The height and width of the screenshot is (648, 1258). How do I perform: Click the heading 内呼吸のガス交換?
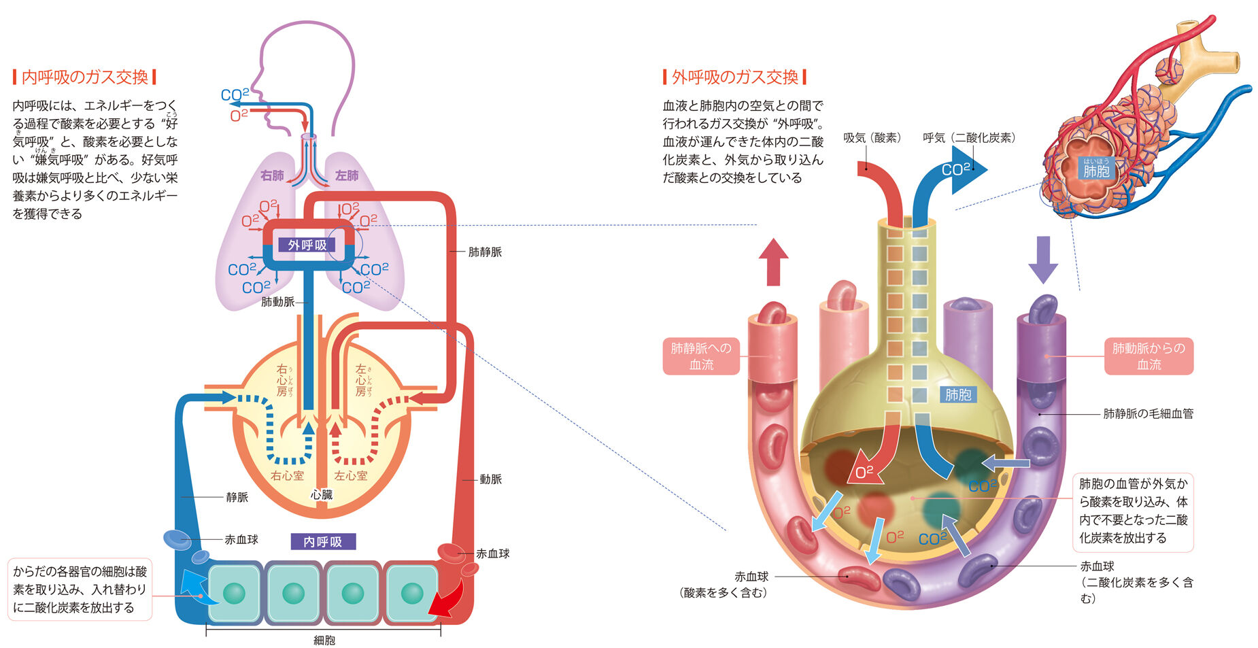84,77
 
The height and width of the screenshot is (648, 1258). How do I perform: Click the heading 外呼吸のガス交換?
734,77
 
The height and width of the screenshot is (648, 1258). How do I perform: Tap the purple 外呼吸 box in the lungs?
307,245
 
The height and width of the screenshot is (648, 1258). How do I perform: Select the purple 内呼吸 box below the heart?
323,541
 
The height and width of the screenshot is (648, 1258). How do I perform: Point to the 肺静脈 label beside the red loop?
485,252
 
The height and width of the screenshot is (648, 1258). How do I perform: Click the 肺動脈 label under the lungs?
277,301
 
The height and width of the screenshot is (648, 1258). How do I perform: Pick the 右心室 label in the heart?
287,475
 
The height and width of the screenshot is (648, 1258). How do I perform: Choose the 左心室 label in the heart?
351,475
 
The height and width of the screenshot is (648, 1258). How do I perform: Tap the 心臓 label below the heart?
322,494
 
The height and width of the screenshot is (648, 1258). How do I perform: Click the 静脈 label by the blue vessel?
237,497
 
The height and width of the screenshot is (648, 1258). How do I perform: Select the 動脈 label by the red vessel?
490,479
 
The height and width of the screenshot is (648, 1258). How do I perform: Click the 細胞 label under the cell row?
324,640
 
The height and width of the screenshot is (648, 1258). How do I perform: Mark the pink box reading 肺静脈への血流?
701,356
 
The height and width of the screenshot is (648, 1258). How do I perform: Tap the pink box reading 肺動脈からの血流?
1149,356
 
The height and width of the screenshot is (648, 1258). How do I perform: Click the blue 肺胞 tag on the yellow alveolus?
958,394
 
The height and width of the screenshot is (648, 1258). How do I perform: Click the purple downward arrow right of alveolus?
1043,259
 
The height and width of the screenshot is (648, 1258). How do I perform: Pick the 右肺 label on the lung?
272,175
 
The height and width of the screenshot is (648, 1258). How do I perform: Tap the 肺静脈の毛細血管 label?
1148,413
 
